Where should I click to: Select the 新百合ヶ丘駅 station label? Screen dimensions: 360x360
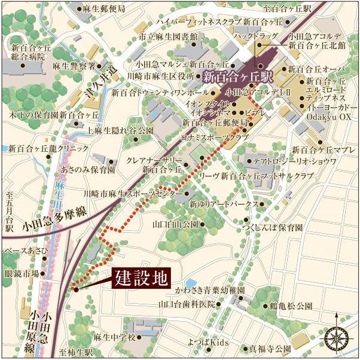(x=237, y=77)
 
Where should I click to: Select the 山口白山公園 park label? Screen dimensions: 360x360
(x=175, y=224)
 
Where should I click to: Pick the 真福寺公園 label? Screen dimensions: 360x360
(x=270, y=347)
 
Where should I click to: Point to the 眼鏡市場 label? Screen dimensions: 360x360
(x=22, y=273)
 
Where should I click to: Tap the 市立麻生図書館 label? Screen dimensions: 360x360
(x=168, y=36)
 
